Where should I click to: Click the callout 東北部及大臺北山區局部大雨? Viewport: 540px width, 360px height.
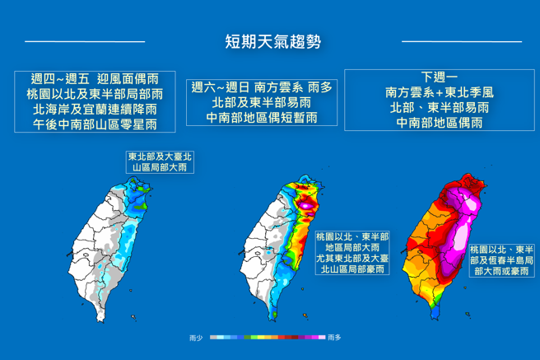160,161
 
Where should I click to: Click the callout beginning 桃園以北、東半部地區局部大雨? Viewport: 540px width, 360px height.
352,253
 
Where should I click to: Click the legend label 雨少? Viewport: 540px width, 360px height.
196,338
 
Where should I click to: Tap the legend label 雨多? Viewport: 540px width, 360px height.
335,338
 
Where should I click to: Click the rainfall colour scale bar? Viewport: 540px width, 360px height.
266,338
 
